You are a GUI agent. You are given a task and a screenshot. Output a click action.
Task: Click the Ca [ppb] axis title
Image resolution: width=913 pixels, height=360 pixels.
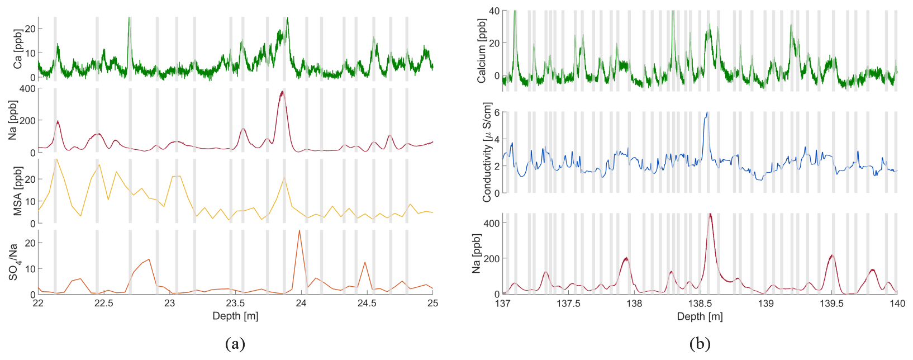pyautogui.click(x=17, y=49)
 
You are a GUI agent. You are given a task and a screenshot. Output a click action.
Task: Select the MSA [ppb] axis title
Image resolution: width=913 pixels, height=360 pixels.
pyautogui.click(x=17, y=191)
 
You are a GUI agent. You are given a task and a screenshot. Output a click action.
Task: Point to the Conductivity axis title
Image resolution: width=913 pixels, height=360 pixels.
pyautogui.click(x=487, y=152)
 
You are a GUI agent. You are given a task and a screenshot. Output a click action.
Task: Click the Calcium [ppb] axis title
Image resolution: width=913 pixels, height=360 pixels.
pyautogui.click(x=482, y=51)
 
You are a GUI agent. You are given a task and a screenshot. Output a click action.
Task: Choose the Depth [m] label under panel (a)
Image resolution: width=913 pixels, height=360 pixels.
pyautogui.click(x=235, y=316)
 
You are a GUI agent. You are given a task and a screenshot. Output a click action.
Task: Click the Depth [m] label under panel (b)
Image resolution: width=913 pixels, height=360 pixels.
pyautogui.click(x=700, y=316)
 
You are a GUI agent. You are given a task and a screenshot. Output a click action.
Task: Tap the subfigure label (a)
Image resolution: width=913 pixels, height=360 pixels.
pyautogui.click(x=235, y=343)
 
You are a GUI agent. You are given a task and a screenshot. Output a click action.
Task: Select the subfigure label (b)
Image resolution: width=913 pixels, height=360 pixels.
pyautogui.click(x=700, y=343)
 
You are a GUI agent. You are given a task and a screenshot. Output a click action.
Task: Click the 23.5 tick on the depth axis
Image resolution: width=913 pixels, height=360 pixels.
pyautogui.click(x=235, y=304)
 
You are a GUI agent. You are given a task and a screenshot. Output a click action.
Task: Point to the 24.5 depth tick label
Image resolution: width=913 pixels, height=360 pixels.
pyautogui.click(x=367, y=304)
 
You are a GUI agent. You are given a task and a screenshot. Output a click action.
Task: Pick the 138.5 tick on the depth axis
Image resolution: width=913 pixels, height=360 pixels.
pyautogui.click(x=700, y=304)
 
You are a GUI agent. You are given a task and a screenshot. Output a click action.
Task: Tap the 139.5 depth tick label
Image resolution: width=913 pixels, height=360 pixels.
pyautogui.click(x=831, y=304)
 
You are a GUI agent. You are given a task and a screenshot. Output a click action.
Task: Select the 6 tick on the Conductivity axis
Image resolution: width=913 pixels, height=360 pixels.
pyautogui.click(x=497, y=112)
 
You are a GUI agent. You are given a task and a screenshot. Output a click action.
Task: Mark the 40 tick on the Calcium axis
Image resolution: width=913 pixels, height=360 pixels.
pyautogui.click(x=494, y=11)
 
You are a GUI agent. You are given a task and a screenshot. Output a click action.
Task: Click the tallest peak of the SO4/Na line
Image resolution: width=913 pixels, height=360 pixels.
pyautogui.click(x=299, y=230)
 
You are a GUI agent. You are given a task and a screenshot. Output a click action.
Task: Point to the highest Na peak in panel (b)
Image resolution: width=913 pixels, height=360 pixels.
pyautogui.click(x=710, y=214)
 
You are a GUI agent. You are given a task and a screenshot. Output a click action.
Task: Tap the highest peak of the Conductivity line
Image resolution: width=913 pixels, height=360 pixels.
pyautogui.click(x=707, y=113)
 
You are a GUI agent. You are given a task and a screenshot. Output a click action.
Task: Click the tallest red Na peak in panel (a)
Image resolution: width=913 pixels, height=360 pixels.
pyautogui.click(x=282, y=92)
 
